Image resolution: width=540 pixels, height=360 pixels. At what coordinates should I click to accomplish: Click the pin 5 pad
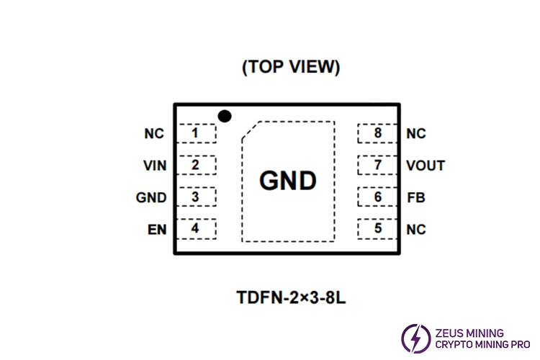[x=377, y=229]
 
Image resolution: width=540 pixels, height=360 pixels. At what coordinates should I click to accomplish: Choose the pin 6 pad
[x=377, y=197]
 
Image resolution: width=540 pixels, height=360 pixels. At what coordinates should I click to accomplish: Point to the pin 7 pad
[x=377, y=166]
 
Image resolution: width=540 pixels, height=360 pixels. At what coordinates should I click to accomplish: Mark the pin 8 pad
[x=377, y=134]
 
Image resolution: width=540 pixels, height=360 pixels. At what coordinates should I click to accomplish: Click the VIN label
[x=155, y=166]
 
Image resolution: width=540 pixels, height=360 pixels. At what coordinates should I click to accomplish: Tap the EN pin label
[x=157, y=230]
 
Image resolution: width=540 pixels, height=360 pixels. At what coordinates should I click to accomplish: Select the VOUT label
[x=425, y=166]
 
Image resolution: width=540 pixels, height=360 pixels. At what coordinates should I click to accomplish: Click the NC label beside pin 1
[x=154, y=134]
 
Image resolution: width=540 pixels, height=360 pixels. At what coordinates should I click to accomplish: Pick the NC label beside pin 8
[x=416, y=134]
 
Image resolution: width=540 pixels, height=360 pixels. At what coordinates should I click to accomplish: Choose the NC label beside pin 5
[x=416, y=230]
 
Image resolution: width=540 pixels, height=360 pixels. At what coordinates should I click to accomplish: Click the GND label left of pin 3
[x=151, y=197]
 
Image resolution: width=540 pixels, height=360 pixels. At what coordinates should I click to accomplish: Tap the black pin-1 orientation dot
[x=225, y=115]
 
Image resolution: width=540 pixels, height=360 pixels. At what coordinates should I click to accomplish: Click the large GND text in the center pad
[x=288, y=181]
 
